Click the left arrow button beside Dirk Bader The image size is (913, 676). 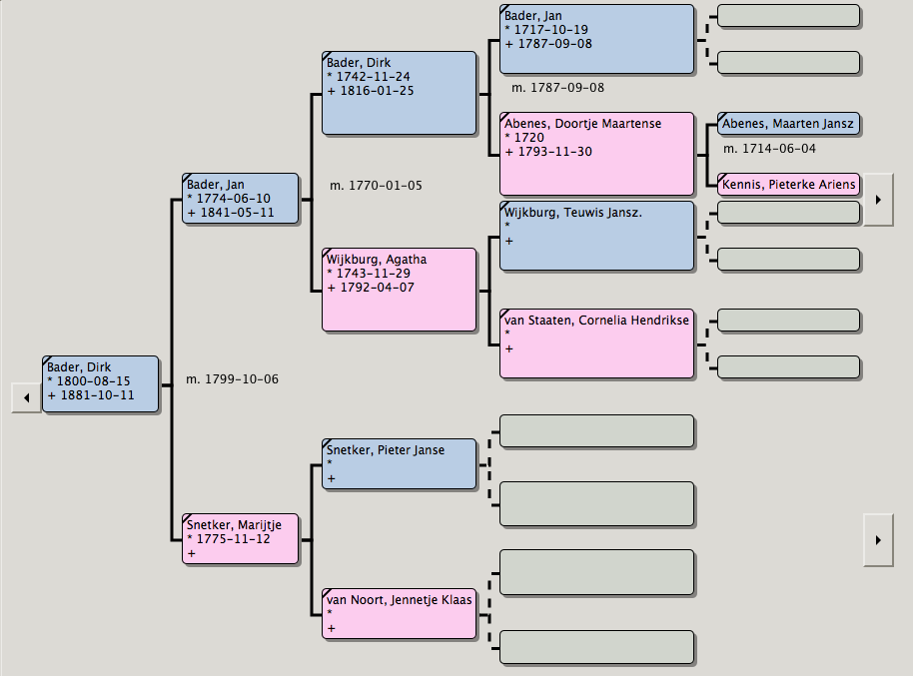[x=25, y=397]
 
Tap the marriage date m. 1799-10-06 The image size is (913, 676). [x=232, y=379]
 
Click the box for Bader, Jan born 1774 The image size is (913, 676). [x=241, y=199]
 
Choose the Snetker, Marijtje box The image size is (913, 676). [x=241, y=539]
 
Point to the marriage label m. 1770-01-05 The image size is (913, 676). [x=376, y=186]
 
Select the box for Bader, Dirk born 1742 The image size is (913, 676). [x=399, y=93]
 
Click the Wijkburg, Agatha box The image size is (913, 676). [x=399, y=290]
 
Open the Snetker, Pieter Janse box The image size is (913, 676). [x=399, y=464]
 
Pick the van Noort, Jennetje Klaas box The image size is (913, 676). [x=399, y=613]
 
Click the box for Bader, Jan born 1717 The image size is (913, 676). [x=596, y=39]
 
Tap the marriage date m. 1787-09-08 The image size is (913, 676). [x=557, y=88]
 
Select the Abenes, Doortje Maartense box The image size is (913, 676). [x=596, y=154]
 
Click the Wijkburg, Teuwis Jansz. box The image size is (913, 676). [x=596, y=236]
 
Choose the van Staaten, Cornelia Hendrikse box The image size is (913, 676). [x=596, y=343]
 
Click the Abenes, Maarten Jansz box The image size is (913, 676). [x=788, y=125]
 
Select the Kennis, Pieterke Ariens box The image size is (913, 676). [x=788, y=185]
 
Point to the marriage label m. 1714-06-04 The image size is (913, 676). [x=769, y=149]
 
